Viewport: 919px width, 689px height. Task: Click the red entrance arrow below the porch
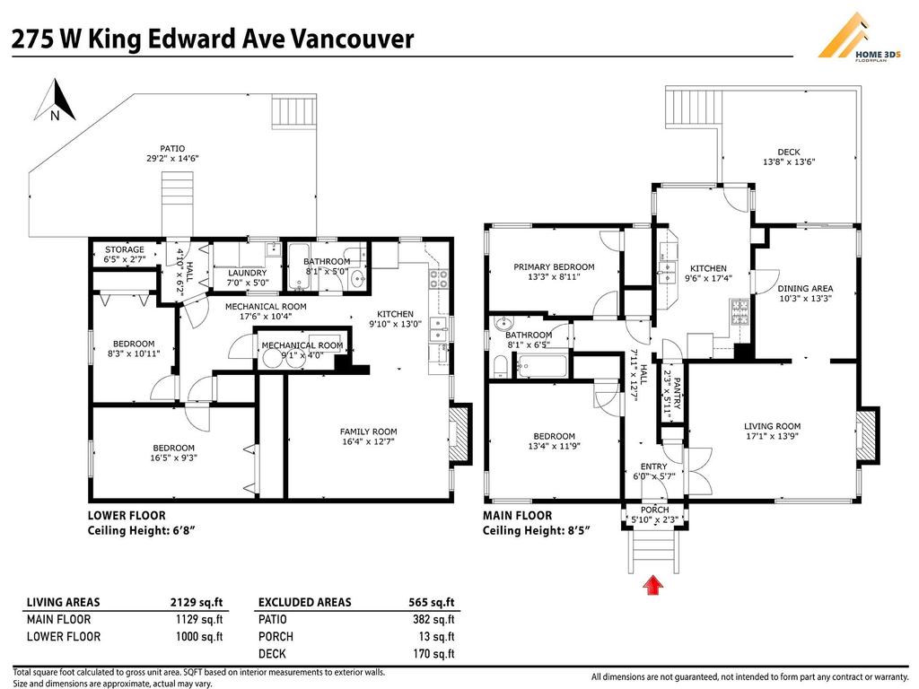coord(654,586)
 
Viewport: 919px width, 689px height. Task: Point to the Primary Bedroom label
coord(554,266)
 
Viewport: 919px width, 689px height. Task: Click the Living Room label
coord(772,426)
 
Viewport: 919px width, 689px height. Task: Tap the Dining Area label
coord(805,289)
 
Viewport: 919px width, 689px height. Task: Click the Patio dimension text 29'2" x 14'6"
coord(172,159)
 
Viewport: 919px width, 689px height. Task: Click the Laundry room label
coord(247,273)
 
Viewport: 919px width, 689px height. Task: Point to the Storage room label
coord(125,249)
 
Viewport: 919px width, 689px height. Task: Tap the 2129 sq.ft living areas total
coord(197,602)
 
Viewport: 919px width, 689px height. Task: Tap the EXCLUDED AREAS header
coord(304,602)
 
